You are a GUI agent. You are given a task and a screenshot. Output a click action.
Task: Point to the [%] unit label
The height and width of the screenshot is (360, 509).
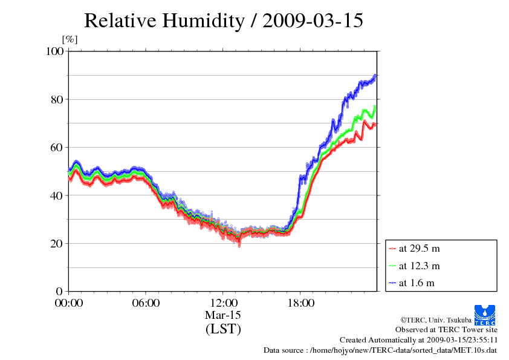tap(70, 40)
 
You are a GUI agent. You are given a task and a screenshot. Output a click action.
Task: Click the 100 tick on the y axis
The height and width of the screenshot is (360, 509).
tap(55, 51)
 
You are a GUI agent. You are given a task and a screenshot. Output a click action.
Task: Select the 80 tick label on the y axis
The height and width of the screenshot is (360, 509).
tap(57, 99)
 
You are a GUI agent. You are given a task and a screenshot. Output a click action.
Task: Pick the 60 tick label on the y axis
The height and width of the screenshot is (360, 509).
tap(57, 147)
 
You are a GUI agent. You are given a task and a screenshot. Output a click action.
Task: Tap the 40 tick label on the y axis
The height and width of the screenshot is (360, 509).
tap(57, 195)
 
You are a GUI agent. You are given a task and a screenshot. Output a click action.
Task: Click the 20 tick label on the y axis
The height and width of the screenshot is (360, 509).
tap(57, 243)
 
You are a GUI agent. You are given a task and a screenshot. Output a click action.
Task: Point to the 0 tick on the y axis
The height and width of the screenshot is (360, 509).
tap(60, 292)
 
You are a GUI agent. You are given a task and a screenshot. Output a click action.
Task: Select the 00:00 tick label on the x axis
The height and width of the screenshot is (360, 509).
tap(69, 303)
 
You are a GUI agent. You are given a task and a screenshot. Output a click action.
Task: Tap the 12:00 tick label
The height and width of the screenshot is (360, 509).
tap(223, 303)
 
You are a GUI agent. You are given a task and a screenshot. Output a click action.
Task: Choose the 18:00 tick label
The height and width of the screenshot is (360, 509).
tap(300, 303)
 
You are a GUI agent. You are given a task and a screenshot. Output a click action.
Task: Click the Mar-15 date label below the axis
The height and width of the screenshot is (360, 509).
tap(223, 315)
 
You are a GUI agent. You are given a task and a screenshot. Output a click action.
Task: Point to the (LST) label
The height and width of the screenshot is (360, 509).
tap(223, 329)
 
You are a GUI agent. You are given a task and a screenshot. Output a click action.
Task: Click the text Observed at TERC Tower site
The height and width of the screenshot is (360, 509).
tap(446, 330)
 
